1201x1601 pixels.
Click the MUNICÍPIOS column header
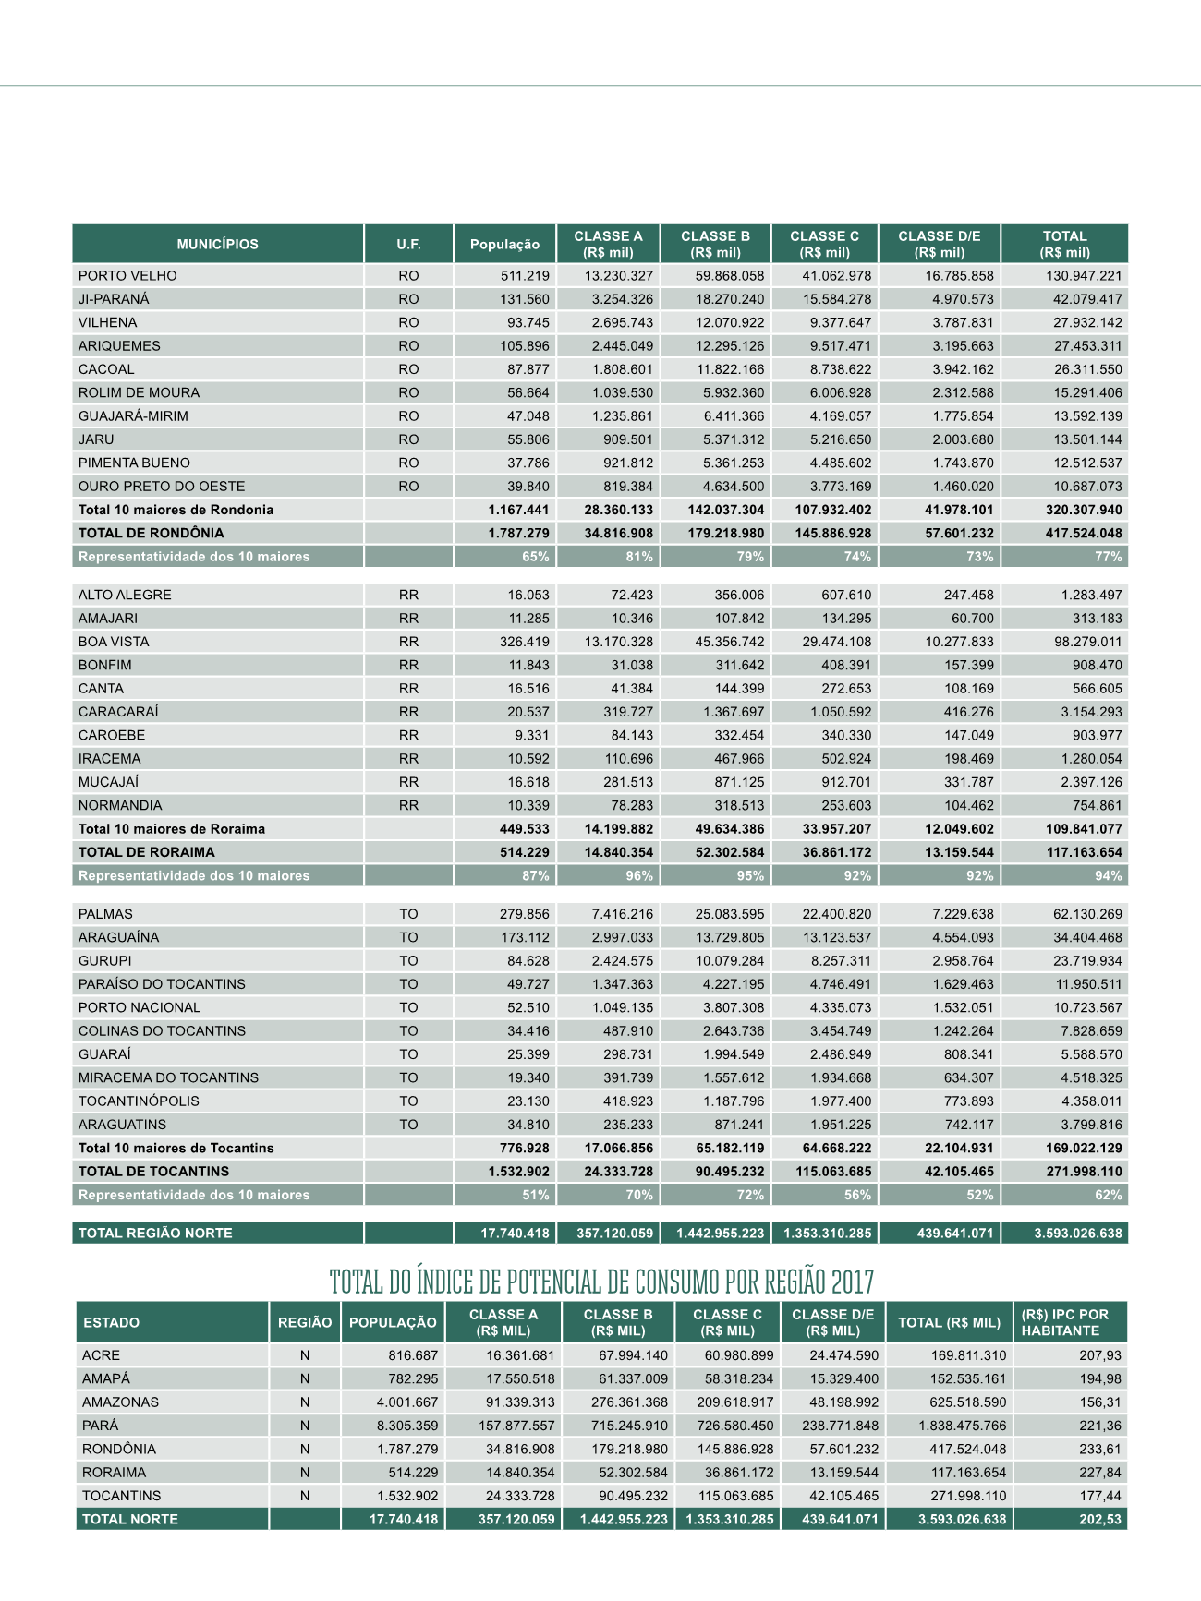[218, 245]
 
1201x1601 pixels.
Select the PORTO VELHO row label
[127, 276]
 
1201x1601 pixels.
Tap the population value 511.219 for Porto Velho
[525, 276]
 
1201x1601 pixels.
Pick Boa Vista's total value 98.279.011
[1087, 642]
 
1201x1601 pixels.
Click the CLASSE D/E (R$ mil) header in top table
[940, 244]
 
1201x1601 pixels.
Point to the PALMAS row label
[105, 914]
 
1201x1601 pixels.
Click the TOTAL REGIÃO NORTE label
[155, 1234]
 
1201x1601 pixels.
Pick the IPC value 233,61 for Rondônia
[1100, 1450]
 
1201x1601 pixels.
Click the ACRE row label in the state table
[101, 1355]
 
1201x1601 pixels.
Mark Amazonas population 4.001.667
[406, 1402]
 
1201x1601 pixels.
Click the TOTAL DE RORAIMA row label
[146, 852]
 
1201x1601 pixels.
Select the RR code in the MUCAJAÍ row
[408, 782]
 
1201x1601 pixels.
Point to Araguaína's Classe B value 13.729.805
[729, 938]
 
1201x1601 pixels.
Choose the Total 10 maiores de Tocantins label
[176, 1148]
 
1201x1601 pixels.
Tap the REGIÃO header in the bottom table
[305, 1322]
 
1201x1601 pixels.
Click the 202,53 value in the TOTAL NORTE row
[1100, 1519]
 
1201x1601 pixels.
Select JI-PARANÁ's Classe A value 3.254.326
[622, 299]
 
